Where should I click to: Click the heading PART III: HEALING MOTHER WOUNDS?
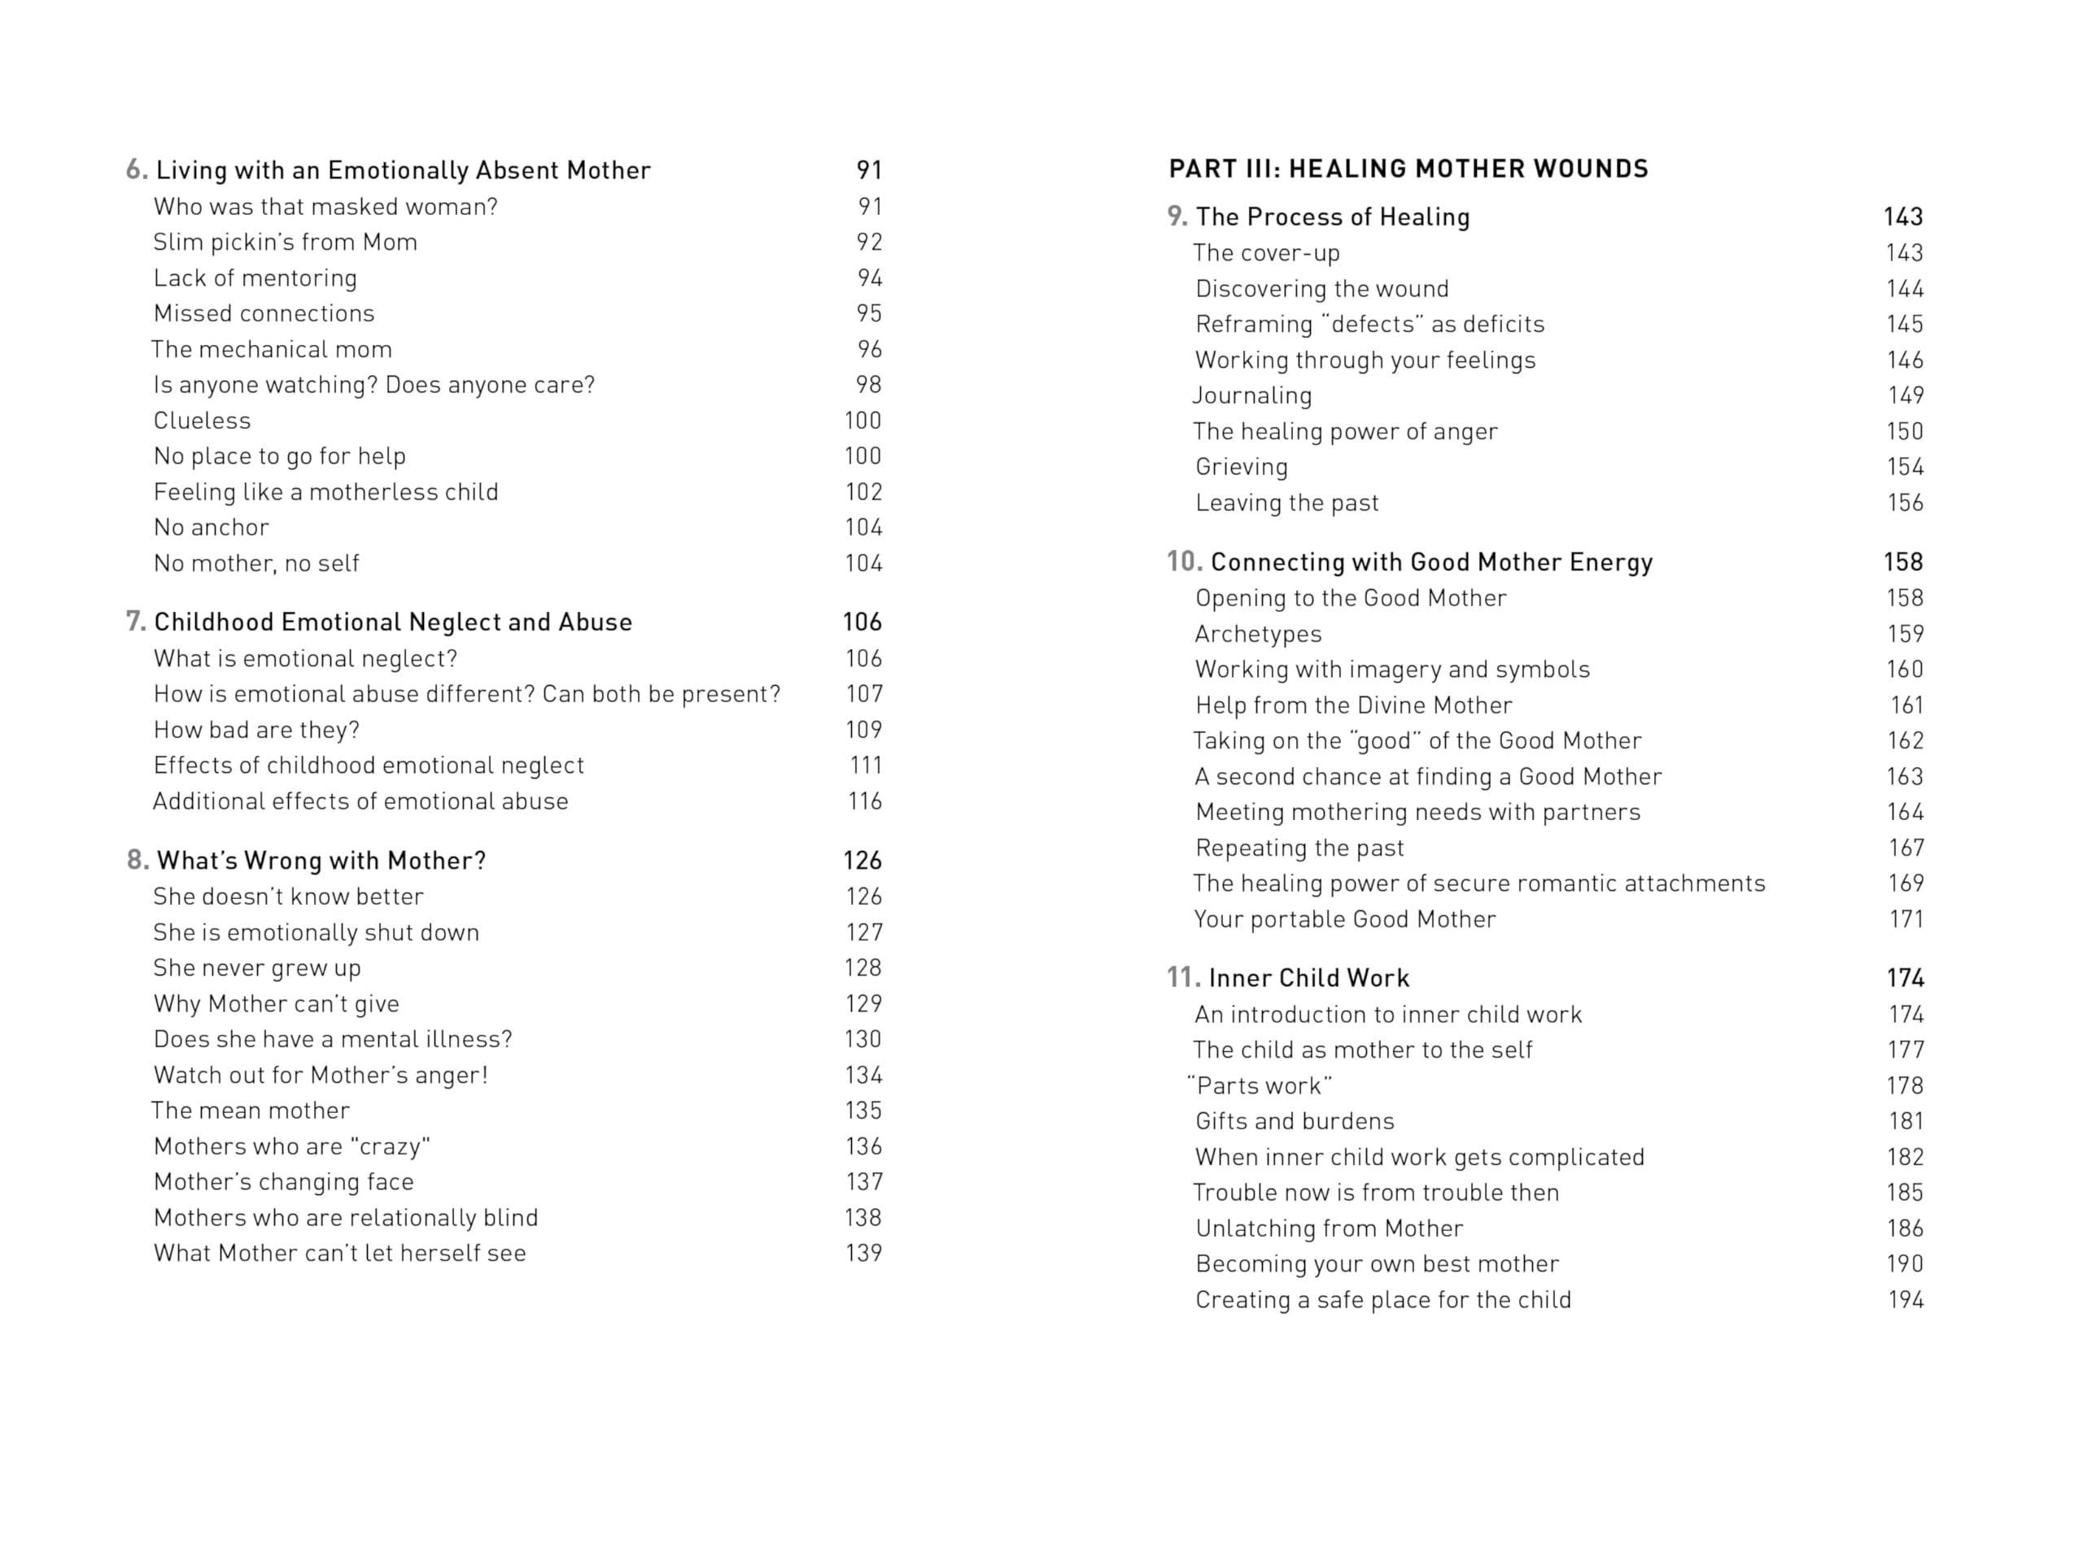1408,169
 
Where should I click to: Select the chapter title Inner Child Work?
1308,978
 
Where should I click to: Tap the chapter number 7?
136,622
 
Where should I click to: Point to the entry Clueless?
203,421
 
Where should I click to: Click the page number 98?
868,385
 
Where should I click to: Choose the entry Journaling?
1252,395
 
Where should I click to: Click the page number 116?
864,801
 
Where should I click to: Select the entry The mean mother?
251,1111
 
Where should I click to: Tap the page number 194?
1905,1300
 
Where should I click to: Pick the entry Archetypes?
1258,635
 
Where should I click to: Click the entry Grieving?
1241,467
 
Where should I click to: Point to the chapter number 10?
1184,562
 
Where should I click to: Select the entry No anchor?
211,527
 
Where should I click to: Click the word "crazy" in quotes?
390,1147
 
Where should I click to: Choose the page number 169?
1905,884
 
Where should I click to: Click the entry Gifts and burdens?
1295,1121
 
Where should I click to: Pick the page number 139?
863,1253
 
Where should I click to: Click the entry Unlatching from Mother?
1329,1228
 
